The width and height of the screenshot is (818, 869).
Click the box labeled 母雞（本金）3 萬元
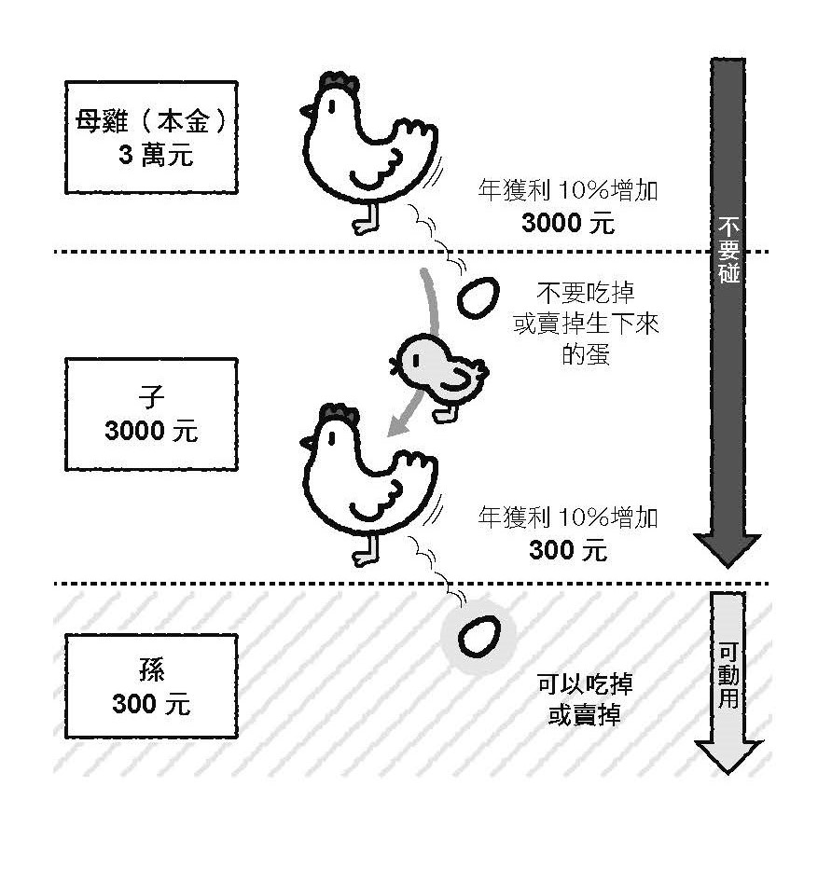pyautogui.click(x=152, y=137)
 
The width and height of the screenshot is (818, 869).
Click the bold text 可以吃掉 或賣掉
pyautogui.click(x=584, y=700)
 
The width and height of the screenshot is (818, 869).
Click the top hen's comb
pyautogui.click(x=338, y=82)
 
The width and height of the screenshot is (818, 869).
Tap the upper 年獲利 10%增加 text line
pyautogui.click(x=567, y=192)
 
